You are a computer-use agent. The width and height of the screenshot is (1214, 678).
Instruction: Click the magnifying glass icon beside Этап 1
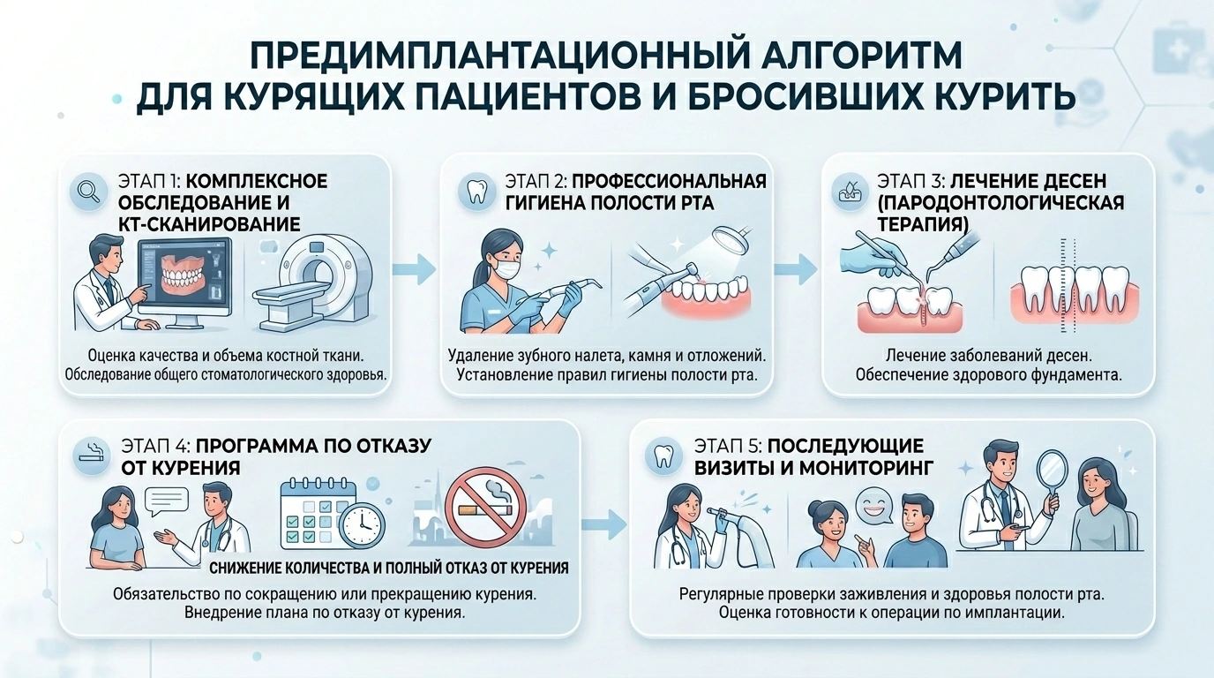click(x=88, y=191)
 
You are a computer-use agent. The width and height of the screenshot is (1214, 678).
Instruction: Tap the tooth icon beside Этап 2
click(x=476, y=191)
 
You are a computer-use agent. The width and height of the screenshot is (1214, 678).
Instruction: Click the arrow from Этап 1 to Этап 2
click(x=414, y=269)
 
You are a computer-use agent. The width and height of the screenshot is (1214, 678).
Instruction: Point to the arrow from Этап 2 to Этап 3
click(x=795, y=269)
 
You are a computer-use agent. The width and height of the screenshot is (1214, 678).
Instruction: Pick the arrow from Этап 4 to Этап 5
click(x=604, y=524)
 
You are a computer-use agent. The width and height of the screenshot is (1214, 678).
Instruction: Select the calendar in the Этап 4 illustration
click(x=316, y=513)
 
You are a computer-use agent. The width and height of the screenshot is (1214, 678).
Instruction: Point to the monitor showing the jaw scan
click(x=185, y=282)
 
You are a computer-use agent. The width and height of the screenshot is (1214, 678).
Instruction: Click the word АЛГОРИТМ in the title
click(x=861, y=56)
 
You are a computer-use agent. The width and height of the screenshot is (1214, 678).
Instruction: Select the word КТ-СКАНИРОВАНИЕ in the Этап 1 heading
click(x=208, y=224)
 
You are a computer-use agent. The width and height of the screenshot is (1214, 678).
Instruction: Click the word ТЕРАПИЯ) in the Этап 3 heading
click(x=923, y=224)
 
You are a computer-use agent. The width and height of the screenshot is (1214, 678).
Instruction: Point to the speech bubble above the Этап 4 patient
click(x=167, y=501)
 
